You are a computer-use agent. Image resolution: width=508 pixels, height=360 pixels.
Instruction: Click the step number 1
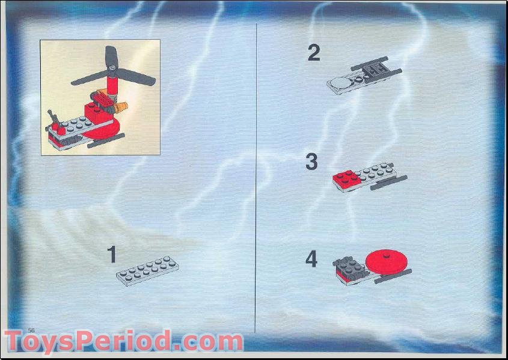tap(111, 254)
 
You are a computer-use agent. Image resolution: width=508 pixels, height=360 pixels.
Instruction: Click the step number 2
tap(313, 53)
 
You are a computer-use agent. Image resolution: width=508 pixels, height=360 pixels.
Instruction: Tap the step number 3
tap(311, 162)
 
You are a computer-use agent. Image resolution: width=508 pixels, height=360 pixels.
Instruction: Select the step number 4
tap(311, 259)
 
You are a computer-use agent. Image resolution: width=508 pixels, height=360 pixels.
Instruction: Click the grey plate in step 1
tap(147, 271)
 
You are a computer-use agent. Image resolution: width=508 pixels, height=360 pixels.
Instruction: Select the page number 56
tap(31, 330)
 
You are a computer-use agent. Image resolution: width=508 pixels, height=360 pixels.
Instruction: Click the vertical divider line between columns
tap(257, 180)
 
